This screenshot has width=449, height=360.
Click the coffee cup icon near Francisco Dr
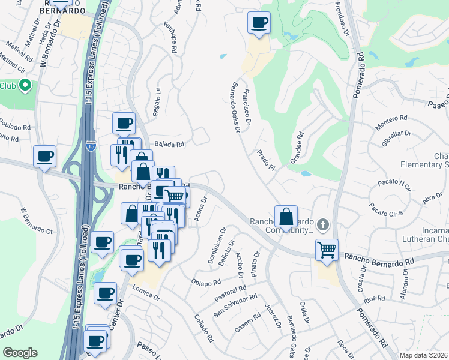tap(259, 24)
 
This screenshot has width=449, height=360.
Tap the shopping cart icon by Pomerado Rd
tap(327, 249)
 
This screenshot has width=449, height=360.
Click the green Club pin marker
tap(25, 86)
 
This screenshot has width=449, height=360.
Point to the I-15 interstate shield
tap(90, 146)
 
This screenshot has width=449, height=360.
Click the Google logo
tap(20, 353)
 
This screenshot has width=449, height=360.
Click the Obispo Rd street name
tap(206, 281)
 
